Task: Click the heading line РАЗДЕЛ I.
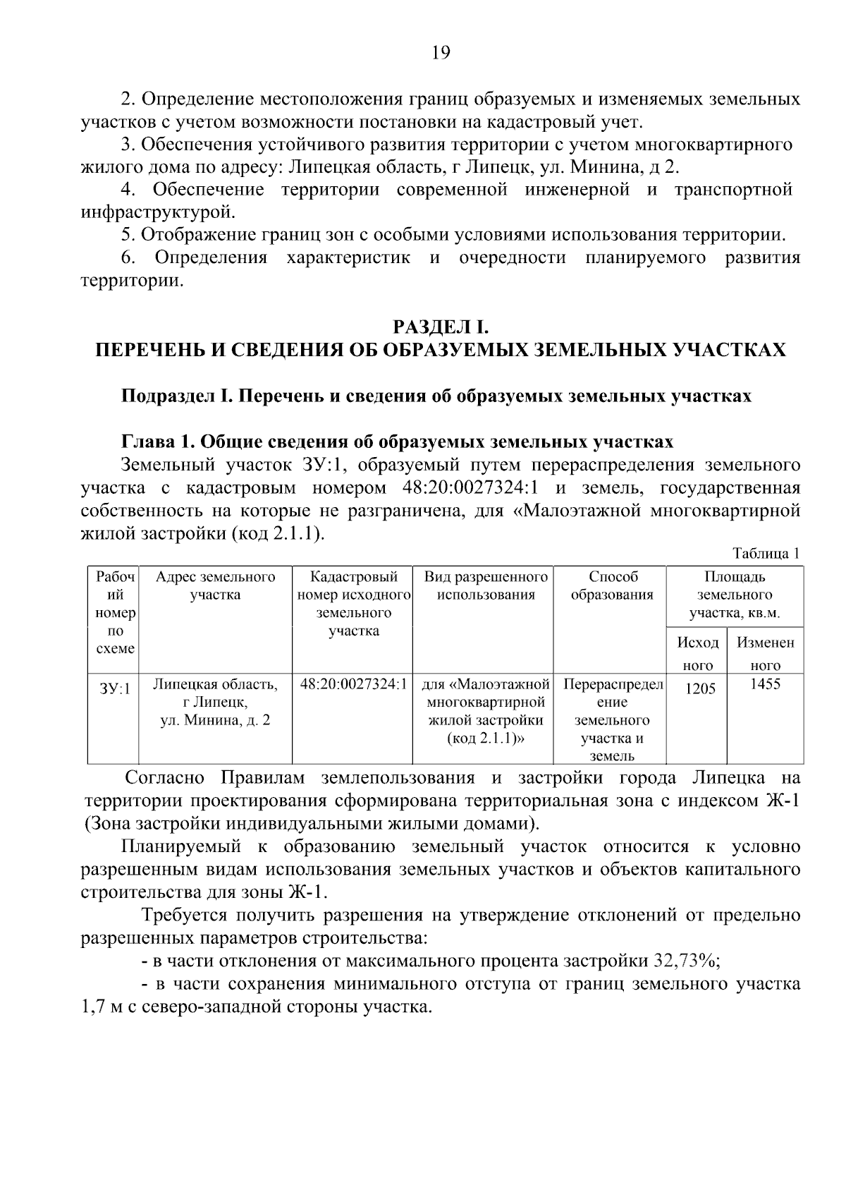[441, 327]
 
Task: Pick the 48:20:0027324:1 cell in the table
[353, 684]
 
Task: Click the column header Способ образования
[611, 585]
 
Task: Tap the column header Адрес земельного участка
[216, 585]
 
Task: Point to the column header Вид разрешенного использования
[486, 585]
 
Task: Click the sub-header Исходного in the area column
[698, 653]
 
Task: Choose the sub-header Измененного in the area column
[766, 653]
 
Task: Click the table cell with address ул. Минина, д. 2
[216, 720]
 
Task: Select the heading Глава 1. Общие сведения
[397, 442]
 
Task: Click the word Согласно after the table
[164, 778]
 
